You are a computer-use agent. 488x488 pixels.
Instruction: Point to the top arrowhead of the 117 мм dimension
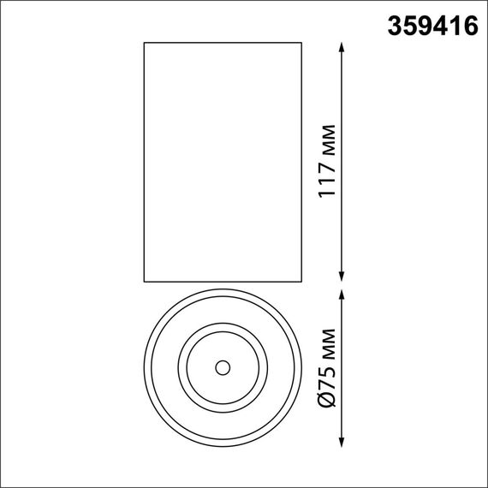pos(342,45)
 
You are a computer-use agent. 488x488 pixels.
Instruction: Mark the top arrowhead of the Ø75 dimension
pos(342,294)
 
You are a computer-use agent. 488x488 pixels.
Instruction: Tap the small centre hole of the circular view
pos(223,367)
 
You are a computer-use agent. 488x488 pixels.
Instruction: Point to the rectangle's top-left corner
pos(144,41)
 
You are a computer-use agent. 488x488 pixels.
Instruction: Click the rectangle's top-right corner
pos(302,41)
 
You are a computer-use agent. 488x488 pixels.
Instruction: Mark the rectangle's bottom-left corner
pos(144,281)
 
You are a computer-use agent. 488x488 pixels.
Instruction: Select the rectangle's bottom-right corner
pos(302,281)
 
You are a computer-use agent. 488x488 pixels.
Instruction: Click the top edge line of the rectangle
pos(223,41)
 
